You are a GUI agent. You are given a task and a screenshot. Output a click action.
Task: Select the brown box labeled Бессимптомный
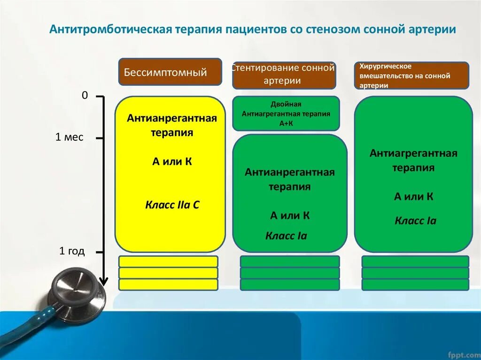170,72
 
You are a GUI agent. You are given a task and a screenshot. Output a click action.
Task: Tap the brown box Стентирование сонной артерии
284,75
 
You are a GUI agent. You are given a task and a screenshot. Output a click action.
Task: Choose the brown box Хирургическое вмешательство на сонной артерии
411,76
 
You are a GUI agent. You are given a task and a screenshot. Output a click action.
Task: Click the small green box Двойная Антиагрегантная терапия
286,114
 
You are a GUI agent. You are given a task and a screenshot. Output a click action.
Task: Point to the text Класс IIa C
172,205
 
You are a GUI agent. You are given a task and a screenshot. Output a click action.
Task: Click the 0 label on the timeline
85,95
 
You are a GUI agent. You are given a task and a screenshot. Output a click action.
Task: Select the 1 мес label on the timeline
69,137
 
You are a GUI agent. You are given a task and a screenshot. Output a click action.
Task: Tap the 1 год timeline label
72,251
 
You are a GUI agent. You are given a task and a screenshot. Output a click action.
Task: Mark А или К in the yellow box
172,162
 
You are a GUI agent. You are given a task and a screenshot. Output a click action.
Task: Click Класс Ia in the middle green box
286,236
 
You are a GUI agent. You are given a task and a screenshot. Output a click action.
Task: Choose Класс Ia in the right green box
415,221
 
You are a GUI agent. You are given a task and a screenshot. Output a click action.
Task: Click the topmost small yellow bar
168,261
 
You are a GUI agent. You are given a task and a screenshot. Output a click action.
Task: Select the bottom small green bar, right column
415,284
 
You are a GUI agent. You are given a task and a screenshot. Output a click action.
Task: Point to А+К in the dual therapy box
286,123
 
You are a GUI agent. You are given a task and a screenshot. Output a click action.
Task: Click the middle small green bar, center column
290,273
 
